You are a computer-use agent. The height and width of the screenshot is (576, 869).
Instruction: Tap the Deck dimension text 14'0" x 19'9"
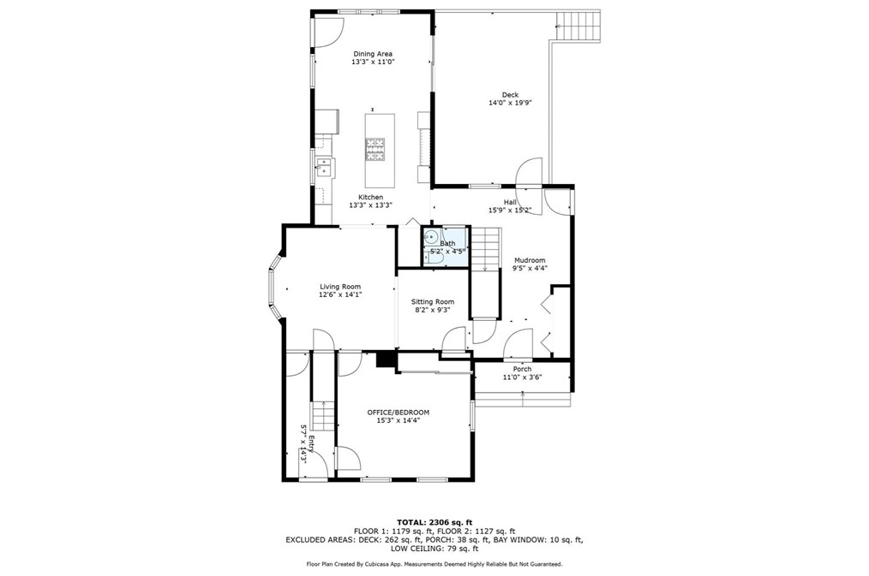tap(510, 103)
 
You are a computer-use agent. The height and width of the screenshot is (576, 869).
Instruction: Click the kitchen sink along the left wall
tap(323, 168)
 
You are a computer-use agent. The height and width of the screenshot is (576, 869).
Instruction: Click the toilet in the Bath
tap(429, 258)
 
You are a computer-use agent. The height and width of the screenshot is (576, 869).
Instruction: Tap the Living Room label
tap(340, 287)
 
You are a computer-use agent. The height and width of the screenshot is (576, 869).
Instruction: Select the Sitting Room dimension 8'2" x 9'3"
tap(433, 310)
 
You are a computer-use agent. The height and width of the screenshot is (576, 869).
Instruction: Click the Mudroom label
tap(530, 260)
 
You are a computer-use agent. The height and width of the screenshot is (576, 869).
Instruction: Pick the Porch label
tap(522, 369)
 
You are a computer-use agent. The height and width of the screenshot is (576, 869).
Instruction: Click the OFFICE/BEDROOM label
tap(399, 412)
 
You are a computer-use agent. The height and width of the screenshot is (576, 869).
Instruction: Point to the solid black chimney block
tap(385, 358)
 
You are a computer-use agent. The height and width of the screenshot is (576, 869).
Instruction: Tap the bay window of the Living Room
tap(273, 288)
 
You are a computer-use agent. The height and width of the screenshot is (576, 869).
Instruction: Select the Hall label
tap(510, 202)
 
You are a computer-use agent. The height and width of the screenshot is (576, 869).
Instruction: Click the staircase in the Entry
tap(322, 417)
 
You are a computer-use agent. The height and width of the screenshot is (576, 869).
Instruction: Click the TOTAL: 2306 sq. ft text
tap(434, 522)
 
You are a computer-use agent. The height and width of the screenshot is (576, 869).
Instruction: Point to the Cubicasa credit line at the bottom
tap(434, 564)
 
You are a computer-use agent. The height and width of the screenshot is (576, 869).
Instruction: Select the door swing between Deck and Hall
tap(529, 172)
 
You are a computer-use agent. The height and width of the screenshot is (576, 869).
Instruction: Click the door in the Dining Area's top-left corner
tap(322, 32)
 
